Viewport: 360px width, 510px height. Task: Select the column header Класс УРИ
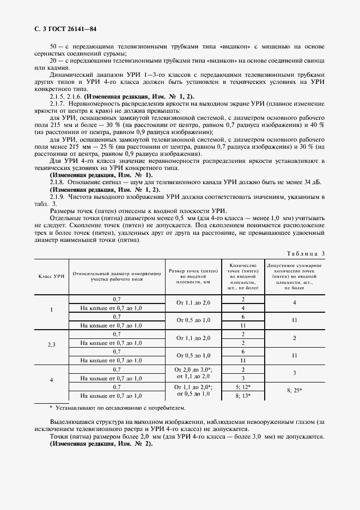click(51, 277)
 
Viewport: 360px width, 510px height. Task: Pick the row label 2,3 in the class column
click(51, 344)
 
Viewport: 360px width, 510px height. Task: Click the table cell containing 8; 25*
click(294, 391)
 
